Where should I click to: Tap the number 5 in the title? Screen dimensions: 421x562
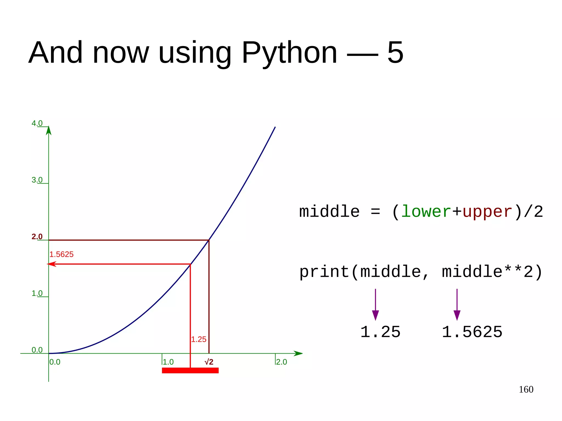[395, 52]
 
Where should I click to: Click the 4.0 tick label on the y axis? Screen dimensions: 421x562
[37, 123]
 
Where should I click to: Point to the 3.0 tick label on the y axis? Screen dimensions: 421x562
[37, 180]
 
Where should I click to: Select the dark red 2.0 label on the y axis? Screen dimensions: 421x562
[37, 236]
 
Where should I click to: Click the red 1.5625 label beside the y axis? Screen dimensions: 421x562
[61, 255]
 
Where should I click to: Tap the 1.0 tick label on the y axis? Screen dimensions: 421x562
[37, 293]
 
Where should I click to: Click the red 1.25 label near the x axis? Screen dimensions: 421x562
[199, 340]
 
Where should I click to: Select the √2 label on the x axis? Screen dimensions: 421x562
[209, 362]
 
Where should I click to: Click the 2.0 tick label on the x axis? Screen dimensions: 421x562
[282, 362]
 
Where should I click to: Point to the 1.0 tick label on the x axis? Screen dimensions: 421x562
[168, 362]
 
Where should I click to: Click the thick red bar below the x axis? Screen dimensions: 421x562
[190, 371]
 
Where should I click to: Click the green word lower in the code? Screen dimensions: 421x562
[426, 212]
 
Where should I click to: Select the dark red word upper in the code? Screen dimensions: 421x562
[487, 212]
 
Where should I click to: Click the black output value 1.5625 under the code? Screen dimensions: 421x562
[472, 332]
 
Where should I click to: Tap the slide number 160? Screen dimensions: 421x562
[526, 389]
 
